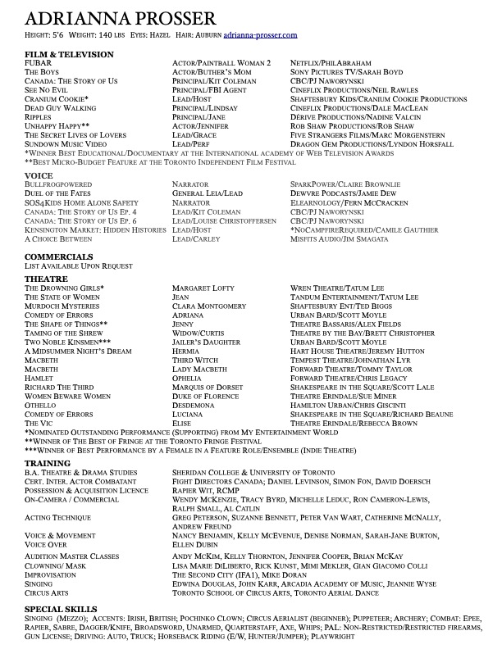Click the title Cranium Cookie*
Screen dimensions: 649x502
[x=57, y=98]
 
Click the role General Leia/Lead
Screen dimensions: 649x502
[x=208, y=193]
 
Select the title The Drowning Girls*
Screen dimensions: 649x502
[x=65, y=288]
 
